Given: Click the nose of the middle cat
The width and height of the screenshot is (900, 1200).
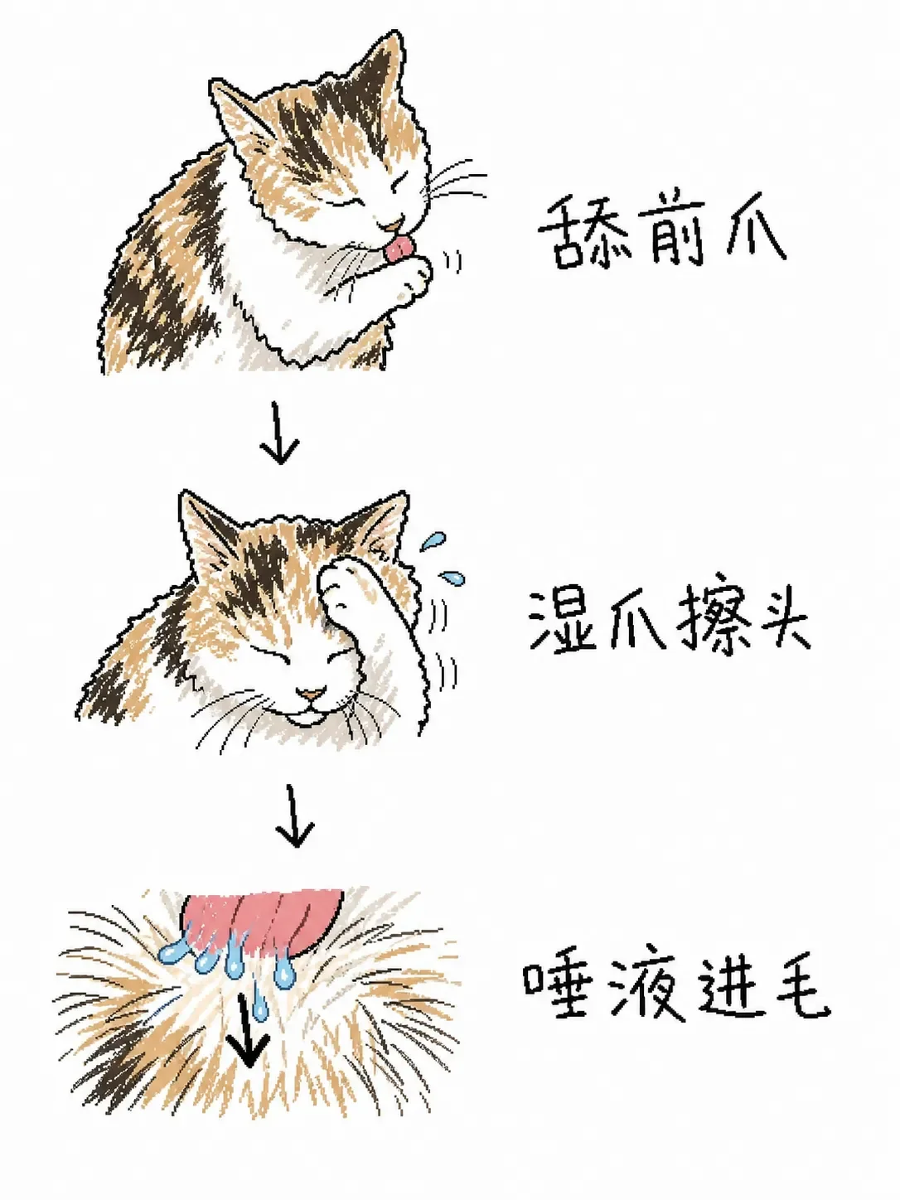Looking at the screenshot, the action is pos(310,694).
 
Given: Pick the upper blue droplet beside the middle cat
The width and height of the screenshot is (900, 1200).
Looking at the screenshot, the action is pos(433,540).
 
